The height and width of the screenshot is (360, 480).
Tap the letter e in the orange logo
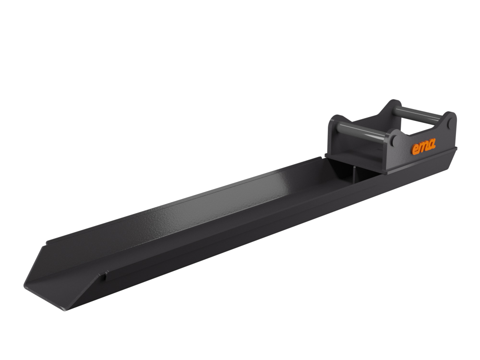click(415, 150)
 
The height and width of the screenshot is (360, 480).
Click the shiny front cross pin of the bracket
click(365, 134)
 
